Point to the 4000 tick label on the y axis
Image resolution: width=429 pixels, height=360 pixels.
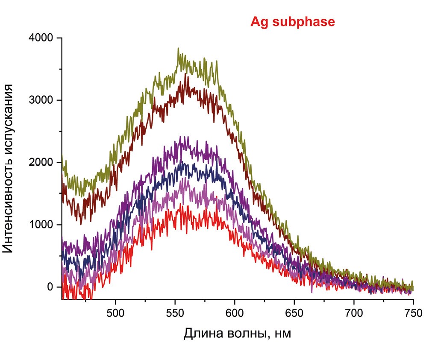pos(41,38)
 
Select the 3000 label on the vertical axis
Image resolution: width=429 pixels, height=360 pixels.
pos(41,100)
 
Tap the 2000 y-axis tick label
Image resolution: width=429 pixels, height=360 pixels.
pos(41,163)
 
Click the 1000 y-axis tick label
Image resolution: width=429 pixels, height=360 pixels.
pos(41,225)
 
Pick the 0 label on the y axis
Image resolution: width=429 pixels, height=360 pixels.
pos(50,287)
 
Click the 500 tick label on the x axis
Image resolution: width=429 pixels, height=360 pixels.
pos(115,312)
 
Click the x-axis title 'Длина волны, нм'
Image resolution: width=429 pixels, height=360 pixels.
pos(237,333)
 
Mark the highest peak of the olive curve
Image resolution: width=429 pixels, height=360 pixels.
pos(178,49)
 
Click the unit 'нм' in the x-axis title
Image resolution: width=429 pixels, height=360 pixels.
pos(282,334)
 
